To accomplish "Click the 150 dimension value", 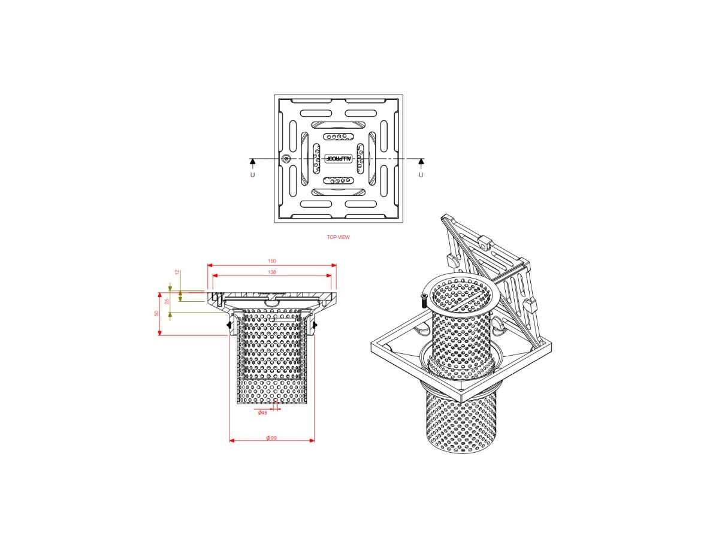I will pyautogui.click(x=271, y=261).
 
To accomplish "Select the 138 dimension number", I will pyautogui.click(x=271, y=272).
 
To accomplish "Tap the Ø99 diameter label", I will pyautogui.click(x=271, y=438).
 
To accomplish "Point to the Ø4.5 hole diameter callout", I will pyautogui.click(x=262, y=413).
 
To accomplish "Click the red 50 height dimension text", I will pyautogui.click(x=157, y=313).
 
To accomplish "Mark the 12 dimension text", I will pyautogui.click(x=177, y=272).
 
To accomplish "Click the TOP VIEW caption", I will pyautogui.click(x=338, y=237).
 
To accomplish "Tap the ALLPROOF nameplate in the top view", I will pyautogui.click(x=339, y=159).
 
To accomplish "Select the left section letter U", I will pyautogui.click(x=252, y=174).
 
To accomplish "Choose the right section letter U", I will pyautogui.click(x=421, y=174).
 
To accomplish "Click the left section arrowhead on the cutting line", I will pyautogui.click(x=252, y=162).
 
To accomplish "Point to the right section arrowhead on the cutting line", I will pyautogui.click(x=421, y=162).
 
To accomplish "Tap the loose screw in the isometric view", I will pyautogui.click(x=424, y=300).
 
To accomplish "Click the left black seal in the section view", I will pyautogui.click(x=229, y=325).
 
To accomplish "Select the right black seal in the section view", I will pyautogui.click(x=315, y=325).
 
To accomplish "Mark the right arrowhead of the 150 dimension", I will pyautogui.click(x=333, y=265).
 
